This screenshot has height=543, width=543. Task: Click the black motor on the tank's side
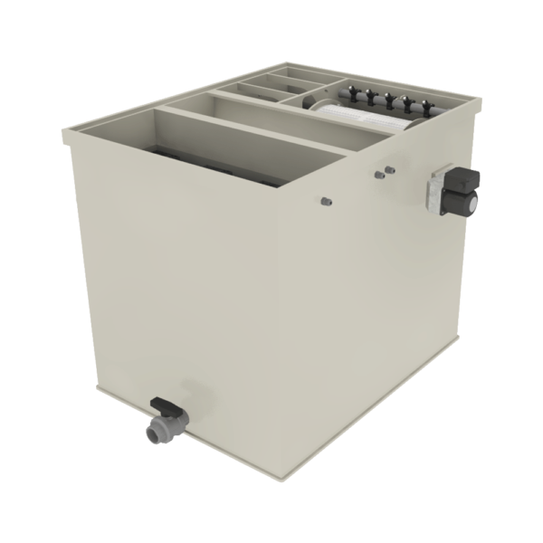click(x=465, y=191)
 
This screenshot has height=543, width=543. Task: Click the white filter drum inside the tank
click(x=362, y=116)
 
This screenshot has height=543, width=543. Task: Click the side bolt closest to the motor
click(x=390, y=168)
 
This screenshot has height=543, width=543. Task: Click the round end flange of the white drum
click(x=319, y=105)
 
